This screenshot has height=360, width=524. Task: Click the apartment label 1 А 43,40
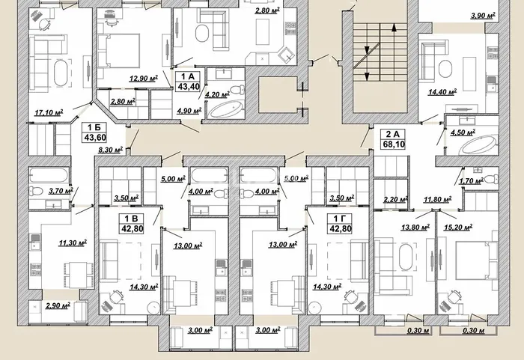pyautogui.click(x=189, y=82)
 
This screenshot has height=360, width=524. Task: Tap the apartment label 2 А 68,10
pyautogui.click(x=393, y=139)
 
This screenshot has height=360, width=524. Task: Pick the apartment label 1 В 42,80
pyautogui.click(x=132, y=224)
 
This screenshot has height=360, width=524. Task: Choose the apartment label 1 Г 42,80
pyautogui.click(x=340, y=224)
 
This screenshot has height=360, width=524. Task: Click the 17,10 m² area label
pyautogui.click(x=49, y=112)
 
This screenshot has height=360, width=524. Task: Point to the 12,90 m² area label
pyautogui.click(x=144, y=79)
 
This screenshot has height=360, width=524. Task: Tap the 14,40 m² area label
pyautogui.click(x=442, y=91)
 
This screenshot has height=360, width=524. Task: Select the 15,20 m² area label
pyautogui.click(x=458, y=228)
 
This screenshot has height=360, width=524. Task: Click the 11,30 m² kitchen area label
pyautogui.click(x=73, y=242)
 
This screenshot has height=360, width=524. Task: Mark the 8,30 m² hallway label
pyautogui.click(x=110, y=150)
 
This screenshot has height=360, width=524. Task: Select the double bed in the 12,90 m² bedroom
pyautogui.click(x=122, y=50)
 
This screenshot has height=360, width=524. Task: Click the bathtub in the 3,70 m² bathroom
pyautogui.click(x=49, y=175)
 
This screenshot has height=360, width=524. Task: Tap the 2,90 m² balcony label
pyautogui.click(x=58, y=305)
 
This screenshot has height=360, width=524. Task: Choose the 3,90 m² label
pyautogui.click(x=483, y=16)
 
